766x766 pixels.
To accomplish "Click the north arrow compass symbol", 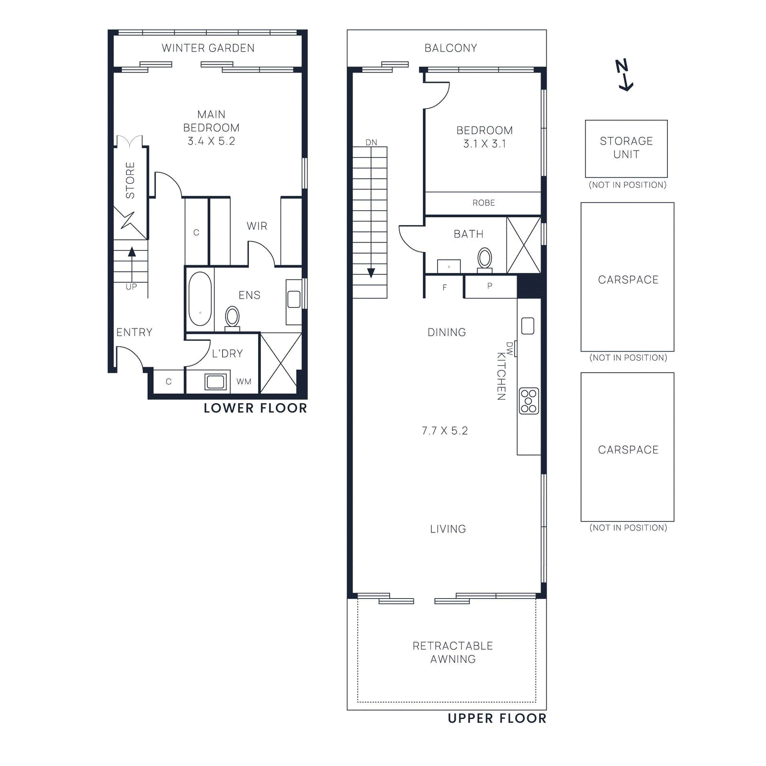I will (624, 75).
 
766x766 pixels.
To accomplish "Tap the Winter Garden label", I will (208, 48).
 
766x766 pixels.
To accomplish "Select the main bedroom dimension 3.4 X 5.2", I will (211, 141).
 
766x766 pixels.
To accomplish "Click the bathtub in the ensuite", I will (200, 299).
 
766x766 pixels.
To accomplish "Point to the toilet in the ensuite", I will (232, 317).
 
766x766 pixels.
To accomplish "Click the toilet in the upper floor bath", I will (484, 259).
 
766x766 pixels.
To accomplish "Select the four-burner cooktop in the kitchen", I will (529, 401).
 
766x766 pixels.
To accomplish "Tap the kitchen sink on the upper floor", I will (528, 326).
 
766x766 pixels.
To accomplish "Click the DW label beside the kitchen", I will (509, 349).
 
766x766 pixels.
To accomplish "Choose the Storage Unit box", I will (626, 148).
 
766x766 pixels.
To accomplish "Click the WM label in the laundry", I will (244, 382).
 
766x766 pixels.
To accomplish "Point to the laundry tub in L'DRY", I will (215, 382).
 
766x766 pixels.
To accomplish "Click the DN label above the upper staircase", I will (371, 142).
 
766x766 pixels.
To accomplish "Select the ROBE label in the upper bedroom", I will (484, 203).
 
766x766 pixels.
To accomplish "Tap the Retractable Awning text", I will (453, 652).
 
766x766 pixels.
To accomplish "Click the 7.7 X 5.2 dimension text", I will (444, 431).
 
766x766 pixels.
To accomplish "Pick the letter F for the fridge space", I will (445, 288).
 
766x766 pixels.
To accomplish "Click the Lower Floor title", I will (255, 408).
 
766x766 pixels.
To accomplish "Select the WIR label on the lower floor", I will (257, 226).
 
